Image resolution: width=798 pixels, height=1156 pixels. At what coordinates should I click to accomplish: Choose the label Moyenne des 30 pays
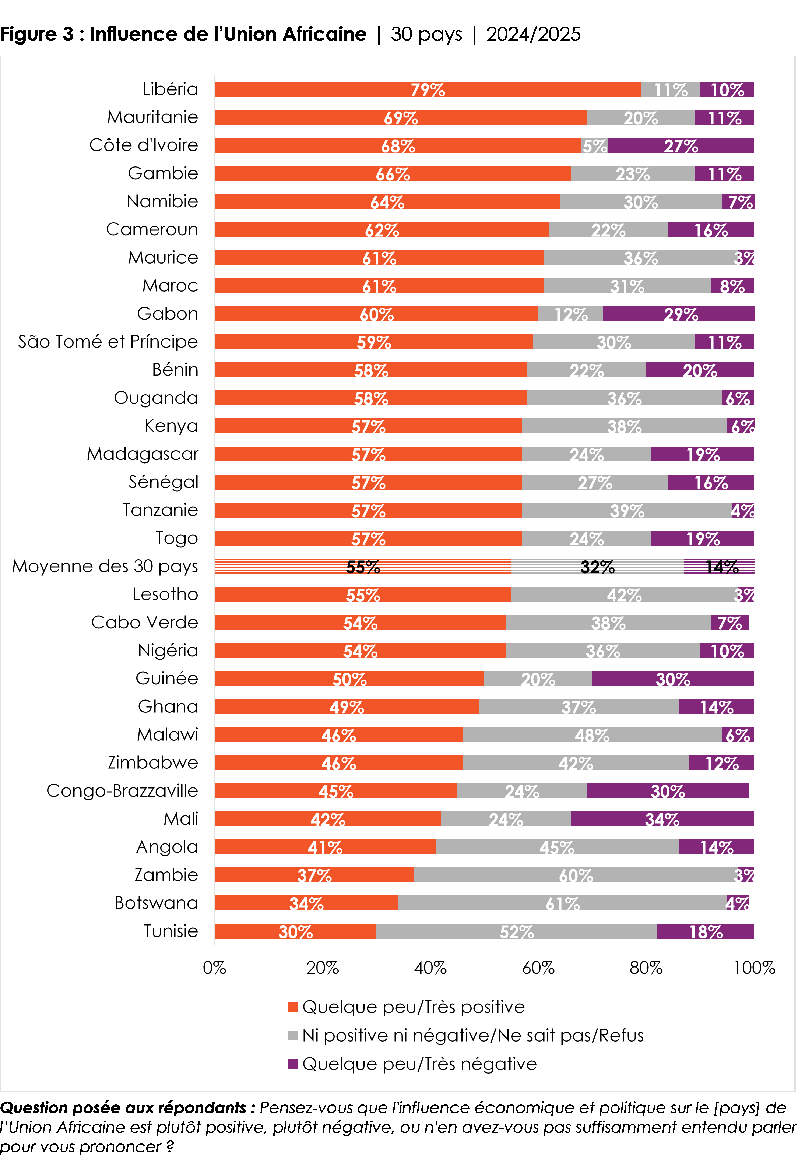105,566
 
